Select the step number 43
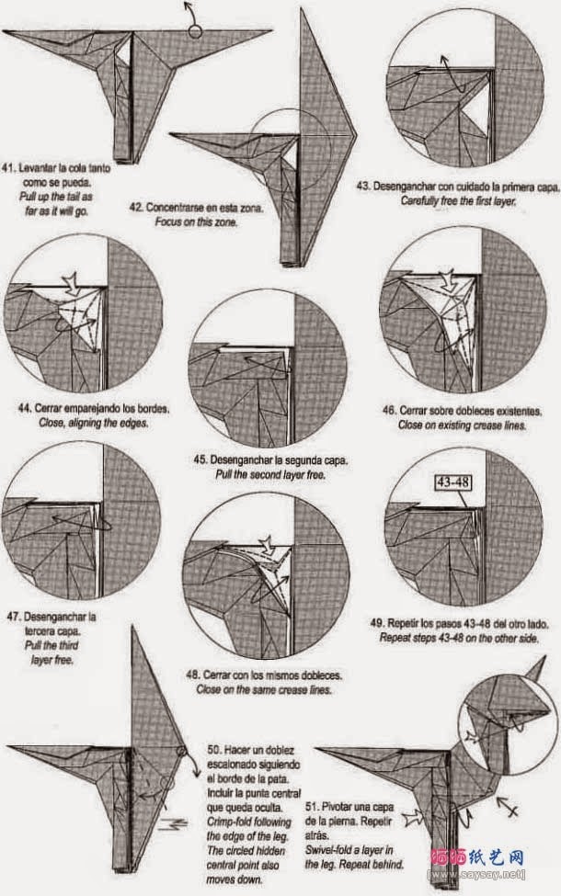(x=362, y=186)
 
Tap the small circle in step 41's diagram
(x=194, y=32)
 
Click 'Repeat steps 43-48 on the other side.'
(x=460, y=637)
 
